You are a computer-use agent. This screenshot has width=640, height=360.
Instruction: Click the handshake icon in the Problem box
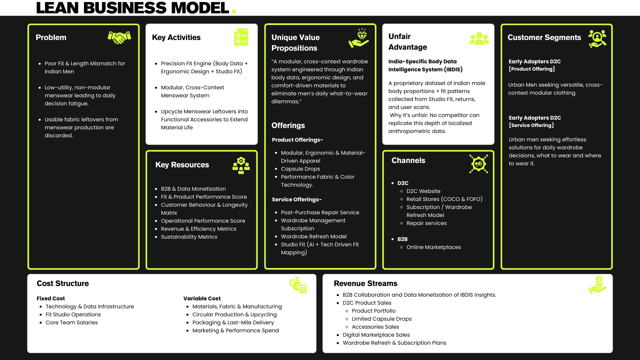119,38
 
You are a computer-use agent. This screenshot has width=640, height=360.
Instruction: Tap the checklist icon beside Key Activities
241,37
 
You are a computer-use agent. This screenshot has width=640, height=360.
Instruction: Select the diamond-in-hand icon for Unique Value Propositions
359,38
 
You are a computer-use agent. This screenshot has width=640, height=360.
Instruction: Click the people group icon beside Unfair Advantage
479,39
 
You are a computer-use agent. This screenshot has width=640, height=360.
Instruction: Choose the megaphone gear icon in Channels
479,164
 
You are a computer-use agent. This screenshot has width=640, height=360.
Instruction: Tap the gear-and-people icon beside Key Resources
241,166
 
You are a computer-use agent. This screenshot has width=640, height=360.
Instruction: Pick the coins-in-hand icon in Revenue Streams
597,285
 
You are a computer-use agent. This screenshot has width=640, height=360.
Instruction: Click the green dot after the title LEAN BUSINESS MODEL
234,12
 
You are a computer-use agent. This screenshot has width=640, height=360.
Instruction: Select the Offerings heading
288,125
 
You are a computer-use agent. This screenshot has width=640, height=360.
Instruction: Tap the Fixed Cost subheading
51,298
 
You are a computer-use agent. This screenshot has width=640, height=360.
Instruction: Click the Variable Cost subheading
202,298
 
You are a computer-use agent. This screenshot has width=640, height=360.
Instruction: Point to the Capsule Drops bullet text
300,169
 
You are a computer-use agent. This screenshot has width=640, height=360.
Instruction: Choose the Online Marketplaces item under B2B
434,247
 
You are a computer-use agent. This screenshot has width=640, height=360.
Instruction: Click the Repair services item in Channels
427,223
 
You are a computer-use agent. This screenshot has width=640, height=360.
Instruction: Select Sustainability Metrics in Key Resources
189,237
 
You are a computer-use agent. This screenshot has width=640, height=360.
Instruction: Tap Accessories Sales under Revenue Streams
375,327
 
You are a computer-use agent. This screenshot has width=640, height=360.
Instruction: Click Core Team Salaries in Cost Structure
72,322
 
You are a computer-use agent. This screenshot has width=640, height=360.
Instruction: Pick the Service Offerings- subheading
297,199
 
